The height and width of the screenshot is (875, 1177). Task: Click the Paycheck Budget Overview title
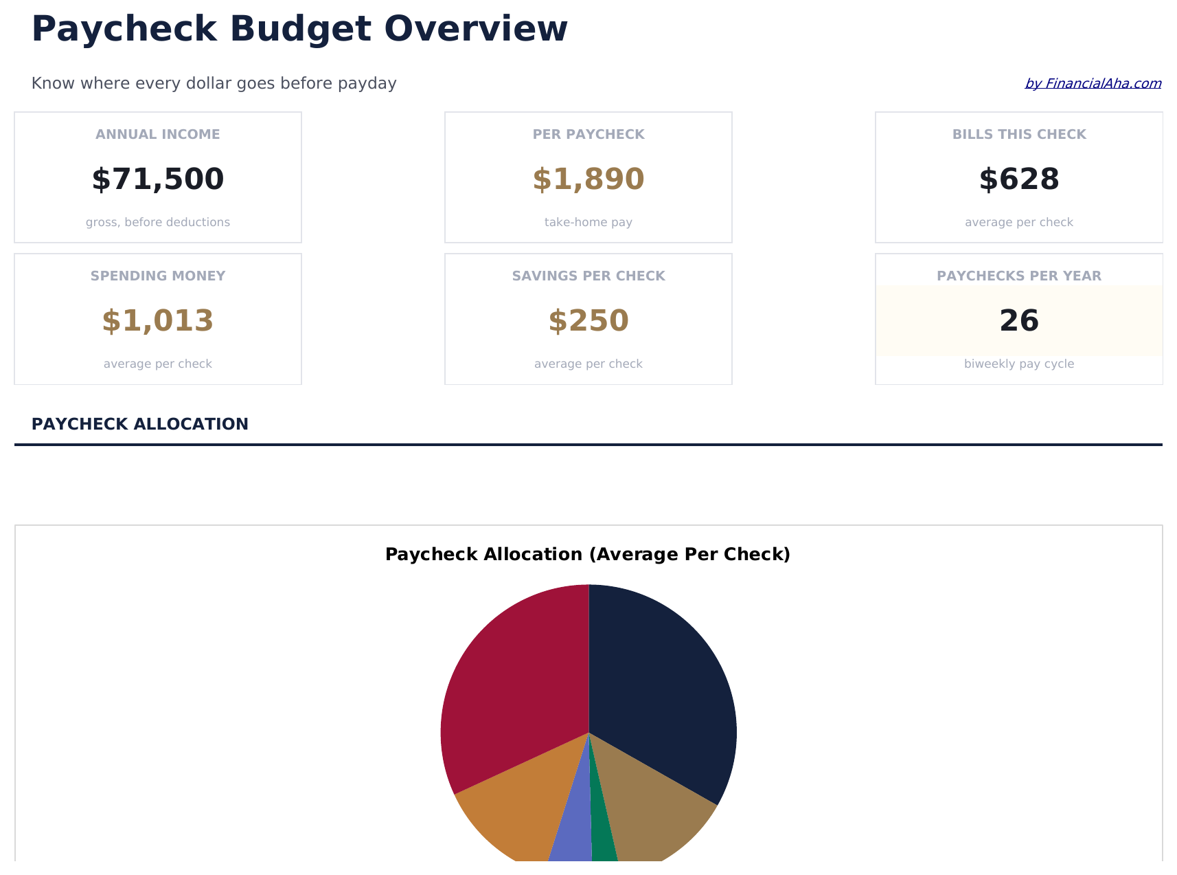click(299, 30)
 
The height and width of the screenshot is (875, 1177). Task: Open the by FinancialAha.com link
click(1093, 84)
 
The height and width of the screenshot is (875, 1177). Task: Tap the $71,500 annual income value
click(158, 179)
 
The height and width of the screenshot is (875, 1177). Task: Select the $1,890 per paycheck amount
click(588, 179)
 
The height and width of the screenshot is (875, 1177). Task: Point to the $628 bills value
click(1019, 179)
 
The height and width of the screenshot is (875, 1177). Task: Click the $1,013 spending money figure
click(158, 321)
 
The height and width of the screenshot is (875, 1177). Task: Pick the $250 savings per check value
click(588, 321)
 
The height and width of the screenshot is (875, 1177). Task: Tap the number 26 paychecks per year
click(1019, 321)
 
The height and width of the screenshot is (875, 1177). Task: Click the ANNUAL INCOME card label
click(158, 135)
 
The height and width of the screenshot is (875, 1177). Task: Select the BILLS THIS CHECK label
click(1019, 135)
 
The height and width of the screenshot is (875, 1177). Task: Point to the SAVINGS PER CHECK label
click(588, 276)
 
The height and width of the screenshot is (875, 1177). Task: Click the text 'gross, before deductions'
click(158, 223)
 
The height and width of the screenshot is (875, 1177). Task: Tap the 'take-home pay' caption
click(588, 223)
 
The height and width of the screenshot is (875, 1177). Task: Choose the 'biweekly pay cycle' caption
click(1019, 364)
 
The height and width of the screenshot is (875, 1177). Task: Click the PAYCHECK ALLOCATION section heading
click(140, 424)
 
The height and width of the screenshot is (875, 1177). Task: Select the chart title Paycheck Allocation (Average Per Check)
click(588, 555)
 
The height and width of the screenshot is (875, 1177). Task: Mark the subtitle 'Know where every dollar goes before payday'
click(214, 84)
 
